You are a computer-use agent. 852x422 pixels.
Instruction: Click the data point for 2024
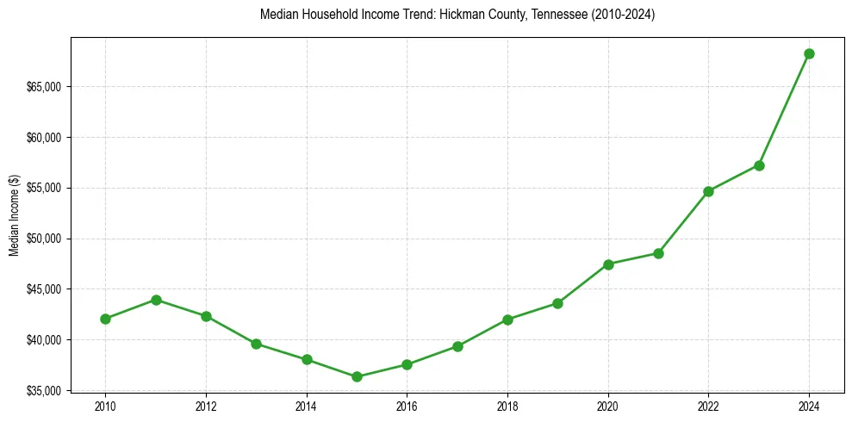pos(809,53)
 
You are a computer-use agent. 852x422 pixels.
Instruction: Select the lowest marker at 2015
pos(357,376)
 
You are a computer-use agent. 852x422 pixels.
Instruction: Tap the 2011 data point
pos(156,300)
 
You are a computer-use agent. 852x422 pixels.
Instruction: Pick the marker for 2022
pos(708,191)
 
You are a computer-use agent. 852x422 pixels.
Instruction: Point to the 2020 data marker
pos(608,264)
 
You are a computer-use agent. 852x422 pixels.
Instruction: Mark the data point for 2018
pos(507,320)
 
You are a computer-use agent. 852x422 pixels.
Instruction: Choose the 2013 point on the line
pos(256,344)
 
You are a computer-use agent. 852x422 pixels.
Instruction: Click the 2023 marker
pos(759,165)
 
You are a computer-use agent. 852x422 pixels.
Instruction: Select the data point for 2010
pos(105,319)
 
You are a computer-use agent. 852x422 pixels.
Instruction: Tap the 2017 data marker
pos(457,346)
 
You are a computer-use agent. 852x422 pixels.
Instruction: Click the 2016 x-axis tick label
pos(407,406)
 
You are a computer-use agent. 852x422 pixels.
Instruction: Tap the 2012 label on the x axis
pos(206,406)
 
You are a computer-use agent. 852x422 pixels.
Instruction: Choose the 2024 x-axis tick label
pos(809,406)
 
